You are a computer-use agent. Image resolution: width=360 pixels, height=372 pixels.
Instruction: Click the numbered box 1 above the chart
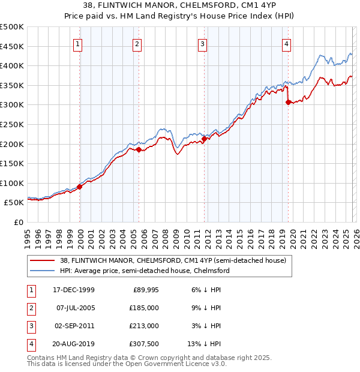(x=79, y=43)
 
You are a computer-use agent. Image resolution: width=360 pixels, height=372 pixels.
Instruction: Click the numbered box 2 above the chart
(x=137, y=43)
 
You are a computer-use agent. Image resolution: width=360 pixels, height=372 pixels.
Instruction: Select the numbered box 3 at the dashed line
(x=203, y=43)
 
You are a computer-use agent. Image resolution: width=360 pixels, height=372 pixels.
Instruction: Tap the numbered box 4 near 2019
(x=287, y=43)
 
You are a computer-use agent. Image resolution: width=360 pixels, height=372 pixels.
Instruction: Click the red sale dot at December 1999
(x=80, y=187)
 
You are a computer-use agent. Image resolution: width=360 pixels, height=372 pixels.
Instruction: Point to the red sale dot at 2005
(x=139, y=150)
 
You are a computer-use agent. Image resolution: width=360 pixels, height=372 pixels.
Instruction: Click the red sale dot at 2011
(x=204, y=139)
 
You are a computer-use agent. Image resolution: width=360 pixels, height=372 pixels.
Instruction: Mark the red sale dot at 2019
(x=289, y=102)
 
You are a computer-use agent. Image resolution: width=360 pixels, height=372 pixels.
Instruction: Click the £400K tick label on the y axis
(x=12, y=66)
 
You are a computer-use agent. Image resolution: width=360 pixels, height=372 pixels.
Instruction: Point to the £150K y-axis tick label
(x=12, y=163)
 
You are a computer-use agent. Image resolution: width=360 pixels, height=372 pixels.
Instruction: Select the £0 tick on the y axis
(x=19, y=222)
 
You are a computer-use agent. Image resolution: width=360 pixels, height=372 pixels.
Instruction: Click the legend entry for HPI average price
(x=144, y=271)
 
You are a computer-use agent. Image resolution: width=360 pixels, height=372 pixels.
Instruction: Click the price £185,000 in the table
(x=145, y=308)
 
